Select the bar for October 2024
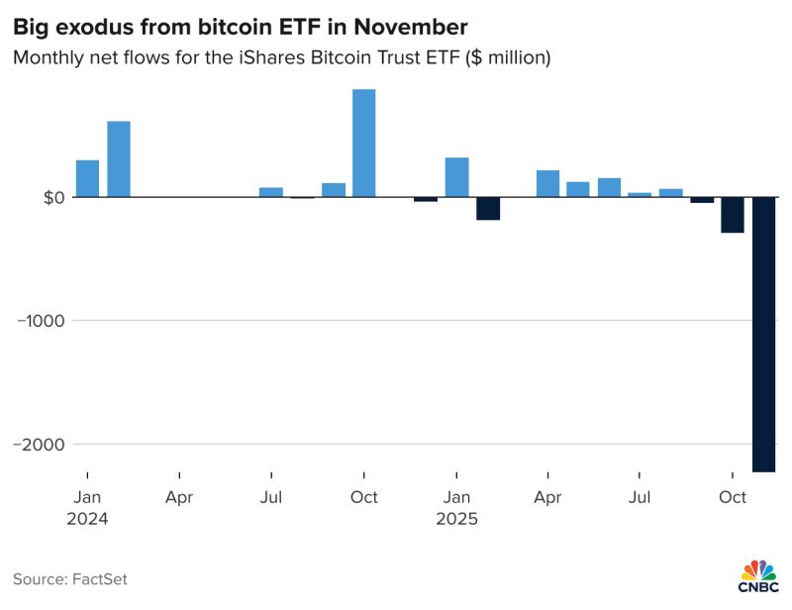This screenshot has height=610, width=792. coord(364,144)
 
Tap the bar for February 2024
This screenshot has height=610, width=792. coord(119,159)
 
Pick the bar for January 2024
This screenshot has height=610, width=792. coord(87,179)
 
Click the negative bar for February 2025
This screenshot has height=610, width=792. coord(488,208)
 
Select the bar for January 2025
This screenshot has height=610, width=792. coord(456,177)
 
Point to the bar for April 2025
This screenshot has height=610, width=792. coord(547,184)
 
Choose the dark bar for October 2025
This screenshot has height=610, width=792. coord(733,215)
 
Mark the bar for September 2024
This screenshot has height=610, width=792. coord(334,190)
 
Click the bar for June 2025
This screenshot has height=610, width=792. coord(609,188)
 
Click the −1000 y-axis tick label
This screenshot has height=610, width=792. coord(40,321)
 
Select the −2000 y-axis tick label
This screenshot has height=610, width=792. coord(40,445)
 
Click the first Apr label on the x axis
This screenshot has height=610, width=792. coord(179,497)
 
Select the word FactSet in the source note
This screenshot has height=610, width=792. coord(99,579)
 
